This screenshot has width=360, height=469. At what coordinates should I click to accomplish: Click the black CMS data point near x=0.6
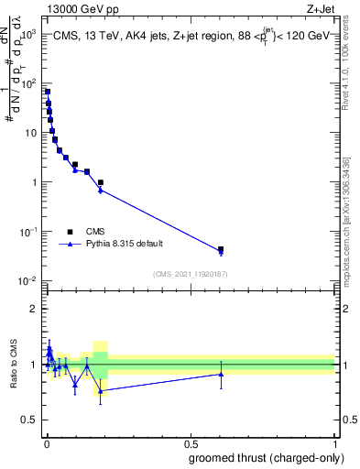coord(221,249)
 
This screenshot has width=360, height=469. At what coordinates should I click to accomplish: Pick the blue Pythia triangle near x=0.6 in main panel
coord(221,252)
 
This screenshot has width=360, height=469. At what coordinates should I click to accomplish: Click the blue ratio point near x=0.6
coord(221,374)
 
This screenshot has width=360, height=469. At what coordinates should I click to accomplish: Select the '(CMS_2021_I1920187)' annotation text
coord(190,274)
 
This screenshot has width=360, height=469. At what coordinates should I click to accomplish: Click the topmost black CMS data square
coord(48,92)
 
